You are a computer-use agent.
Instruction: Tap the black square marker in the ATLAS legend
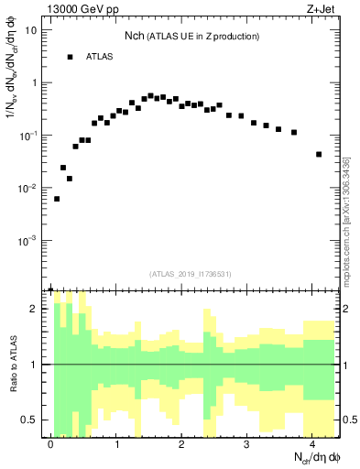(70, 57)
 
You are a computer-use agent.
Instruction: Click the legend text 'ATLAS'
(100, 57)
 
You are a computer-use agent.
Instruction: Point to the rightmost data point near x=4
(319, 154)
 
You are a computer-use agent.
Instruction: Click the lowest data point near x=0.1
(57, 199)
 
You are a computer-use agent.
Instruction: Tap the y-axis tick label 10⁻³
(29, 241)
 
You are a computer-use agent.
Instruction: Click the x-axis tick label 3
(247, 443)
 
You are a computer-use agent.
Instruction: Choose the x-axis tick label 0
(50, 443)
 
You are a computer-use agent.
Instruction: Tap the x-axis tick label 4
(312, 443)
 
